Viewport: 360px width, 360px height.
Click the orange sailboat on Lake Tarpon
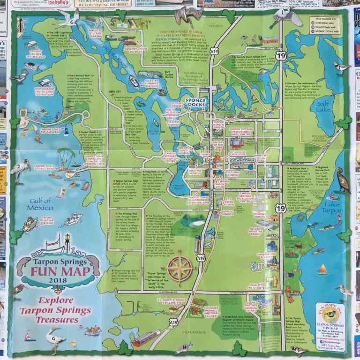[322, 269]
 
